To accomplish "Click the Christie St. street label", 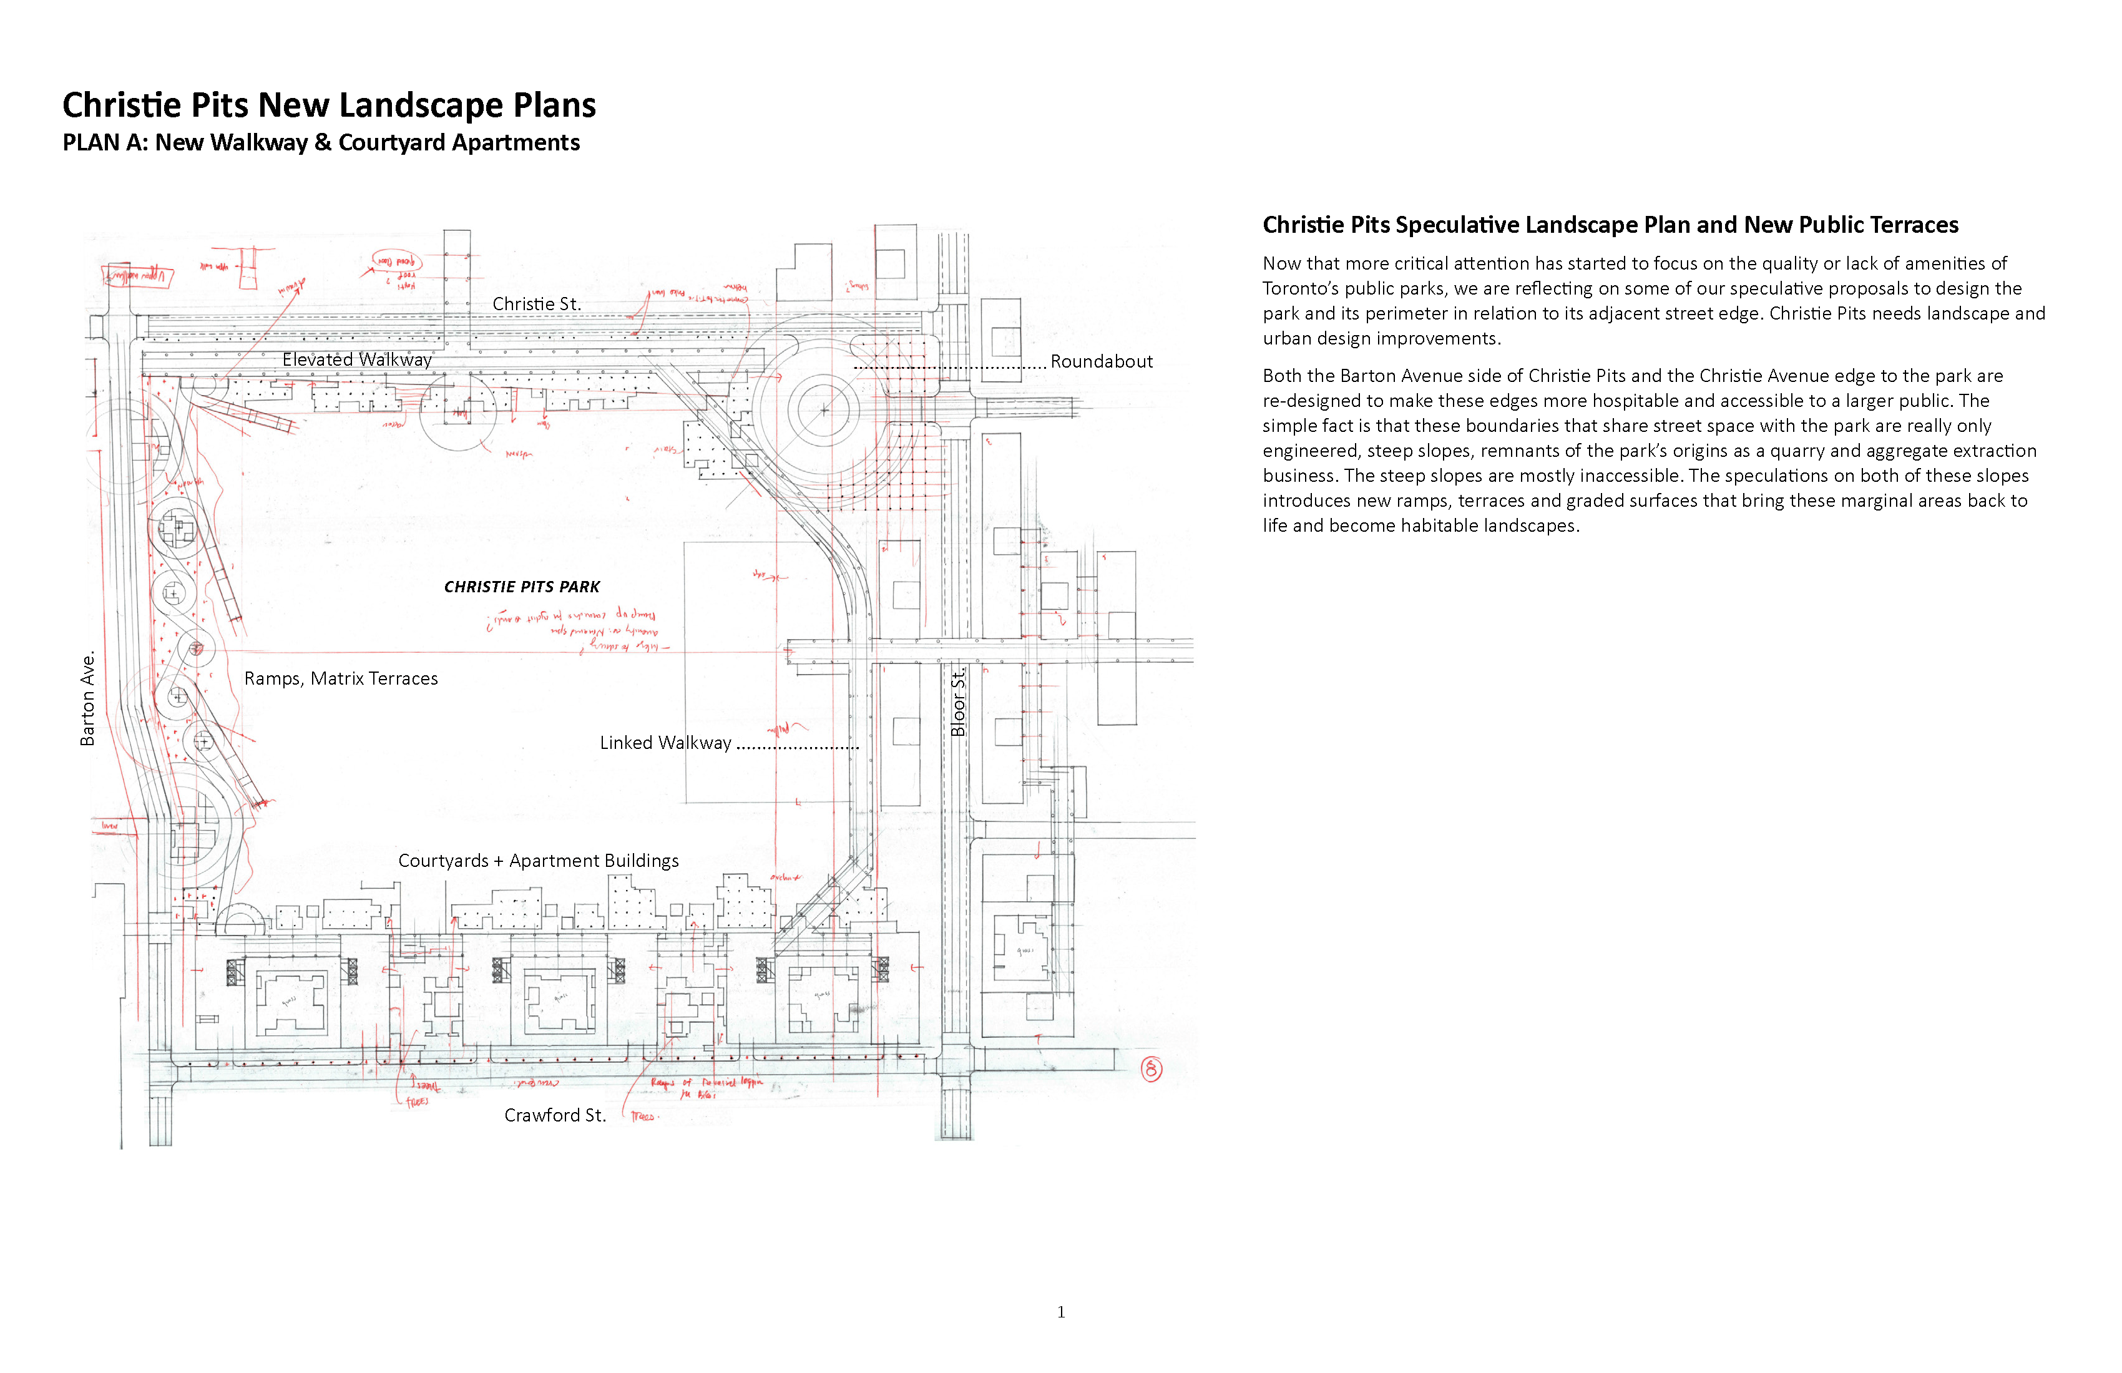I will click(x=537, y=304).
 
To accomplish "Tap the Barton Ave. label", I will click(x=87, y=699).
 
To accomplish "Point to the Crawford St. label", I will click(x=555, y=1115).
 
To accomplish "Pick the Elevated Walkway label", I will click(x=356, y=359).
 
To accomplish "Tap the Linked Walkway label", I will click(x=665, y=743).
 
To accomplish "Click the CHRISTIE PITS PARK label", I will click(x=522, y=587).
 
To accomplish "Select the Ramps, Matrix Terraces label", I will click(x=341, y=678).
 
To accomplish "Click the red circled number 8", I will click(x=1151, y=1069).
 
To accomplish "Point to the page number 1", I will click(x=1061, y=1311).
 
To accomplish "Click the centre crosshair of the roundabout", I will click(x=824, y=410).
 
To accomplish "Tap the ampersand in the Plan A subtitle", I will click(x=323, y=143).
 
